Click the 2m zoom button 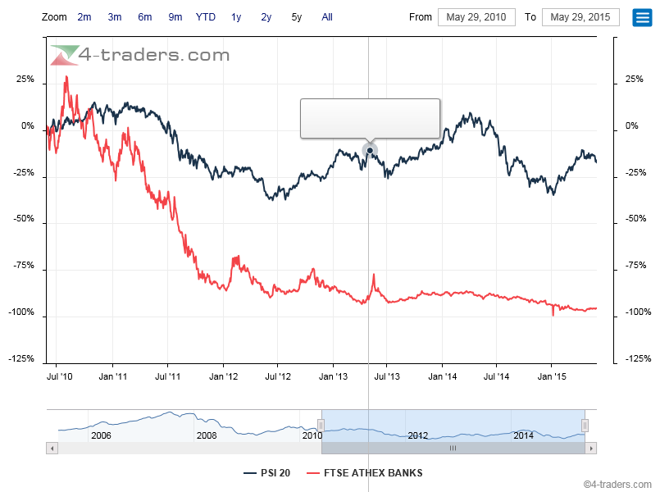(84, 16)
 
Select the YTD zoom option (206, 16)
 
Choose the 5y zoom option (296, 16)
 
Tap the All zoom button (327, 16)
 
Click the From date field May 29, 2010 (476, 17)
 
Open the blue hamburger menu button (642, 17)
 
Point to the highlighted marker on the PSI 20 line (370, 150)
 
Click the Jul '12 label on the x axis (277, 376)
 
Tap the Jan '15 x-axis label (551, 376)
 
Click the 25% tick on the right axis (634, 80)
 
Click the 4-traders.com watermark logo (139, 55)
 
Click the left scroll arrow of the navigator (52, 449)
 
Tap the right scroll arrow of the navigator (591, 449)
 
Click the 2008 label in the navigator (207, 435)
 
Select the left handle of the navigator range (321, 425)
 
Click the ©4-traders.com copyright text (619, 484)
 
